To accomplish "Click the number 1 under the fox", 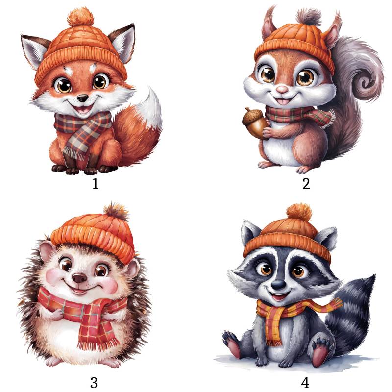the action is click(95, 184).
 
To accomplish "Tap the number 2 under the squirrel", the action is click(306, 184).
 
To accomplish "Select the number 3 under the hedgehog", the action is click(94, 383).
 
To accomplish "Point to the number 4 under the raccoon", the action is click(305, 383).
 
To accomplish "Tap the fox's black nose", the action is click(82, 98).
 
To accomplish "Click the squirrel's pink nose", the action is click(283, 89).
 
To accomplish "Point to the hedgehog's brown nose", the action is click(79, 278).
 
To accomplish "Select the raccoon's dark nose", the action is click(278, 284).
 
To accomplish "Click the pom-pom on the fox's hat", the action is click(80, 17).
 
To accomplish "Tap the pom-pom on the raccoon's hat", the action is click(299, 213).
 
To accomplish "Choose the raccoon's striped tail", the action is click(350, 315).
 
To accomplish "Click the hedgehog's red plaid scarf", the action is click(85, 313).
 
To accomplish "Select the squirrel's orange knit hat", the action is click(295, 46).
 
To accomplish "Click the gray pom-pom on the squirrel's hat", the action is click(309, 17).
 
